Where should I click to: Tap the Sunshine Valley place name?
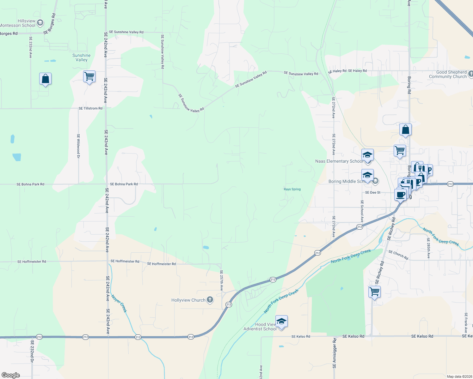[81, 57]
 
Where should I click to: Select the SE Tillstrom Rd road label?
[90, 108]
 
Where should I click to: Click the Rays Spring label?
[292, 189]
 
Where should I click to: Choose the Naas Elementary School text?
[339, 161]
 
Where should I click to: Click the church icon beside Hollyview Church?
[210, 300]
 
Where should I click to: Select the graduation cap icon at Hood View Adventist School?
[281, 322]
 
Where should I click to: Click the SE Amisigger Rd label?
[334, 353]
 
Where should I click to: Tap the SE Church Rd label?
[398, 255]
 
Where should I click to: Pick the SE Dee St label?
[373, 192]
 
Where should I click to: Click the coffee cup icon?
[400, 195]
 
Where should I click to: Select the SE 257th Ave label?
[221, 280]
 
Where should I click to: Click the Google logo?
[11, 375]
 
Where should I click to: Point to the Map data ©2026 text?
[458, 376]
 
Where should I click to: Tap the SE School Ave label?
[362, 211]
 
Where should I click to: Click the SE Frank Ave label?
[466, 323]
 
